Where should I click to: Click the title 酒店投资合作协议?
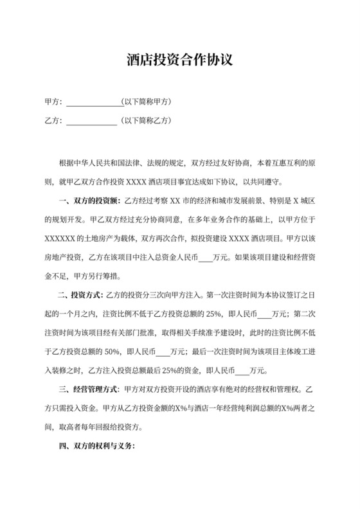179,60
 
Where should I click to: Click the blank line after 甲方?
93,102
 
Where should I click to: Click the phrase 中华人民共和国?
98,163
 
